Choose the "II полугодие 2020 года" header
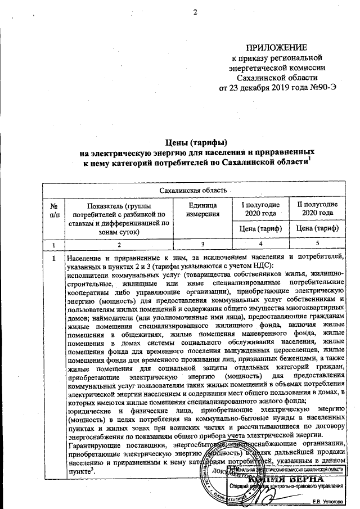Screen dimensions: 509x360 [317, 209]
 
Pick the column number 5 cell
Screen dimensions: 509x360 [317, 244]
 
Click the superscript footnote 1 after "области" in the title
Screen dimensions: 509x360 [310, 159]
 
